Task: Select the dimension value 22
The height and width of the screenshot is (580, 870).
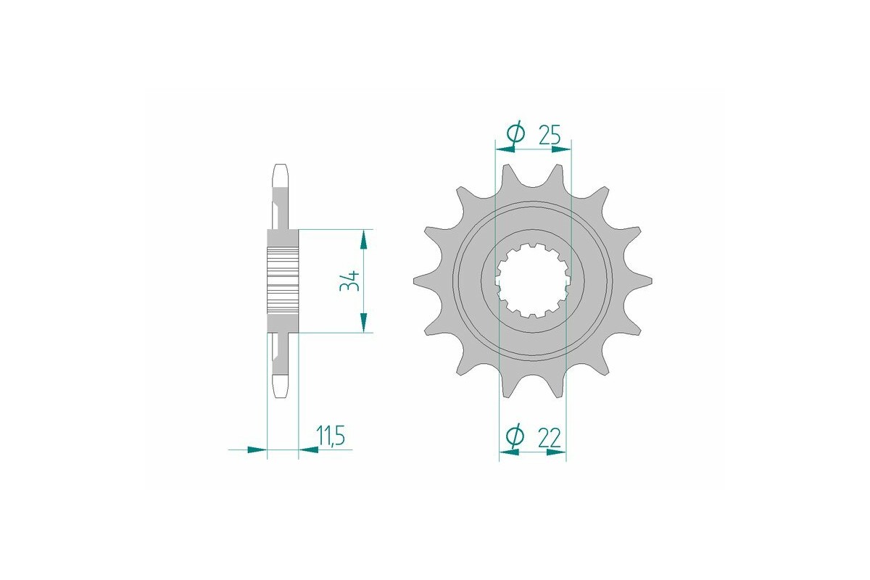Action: tap(550, 436)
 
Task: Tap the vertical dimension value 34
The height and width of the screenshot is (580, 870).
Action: tap(351, 281)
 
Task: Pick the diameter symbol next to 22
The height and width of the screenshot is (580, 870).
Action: tap(514, 436)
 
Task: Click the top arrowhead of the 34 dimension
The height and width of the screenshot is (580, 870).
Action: tap(364, 239)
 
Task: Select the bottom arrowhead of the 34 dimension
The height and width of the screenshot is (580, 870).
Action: tap(364, 323)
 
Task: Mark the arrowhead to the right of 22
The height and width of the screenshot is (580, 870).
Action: tap(555, 452)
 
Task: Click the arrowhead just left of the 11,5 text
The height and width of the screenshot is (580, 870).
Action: tap(309, 449)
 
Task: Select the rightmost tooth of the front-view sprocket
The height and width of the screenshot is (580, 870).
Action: tap(641, 281)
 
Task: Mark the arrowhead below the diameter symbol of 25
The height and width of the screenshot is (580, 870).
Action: tap(505, 149)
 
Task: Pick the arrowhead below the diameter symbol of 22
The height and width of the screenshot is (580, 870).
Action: tap(510, 452)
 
